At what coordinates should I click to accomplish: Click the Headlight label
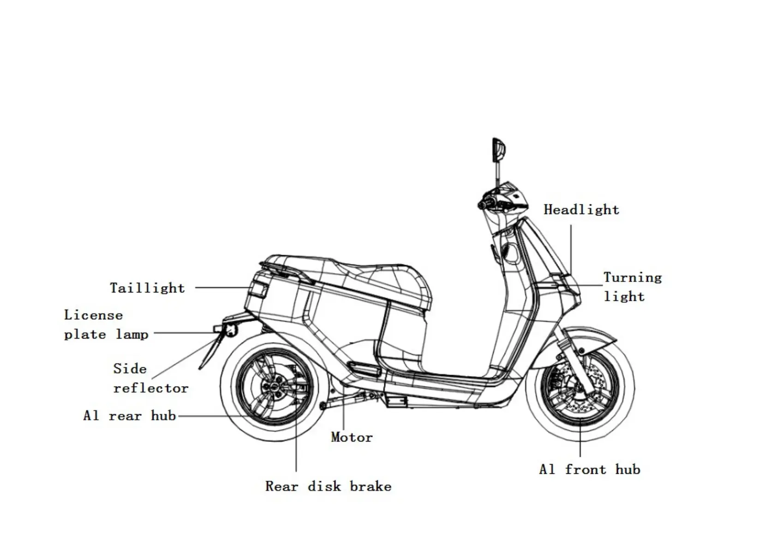coord(581,210)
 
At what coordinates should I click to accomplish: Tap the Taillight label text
coord(147,288)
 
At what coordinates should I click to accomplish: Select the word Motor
coord(352,437)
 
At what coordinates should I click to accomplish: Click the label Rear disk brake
coord(328,486)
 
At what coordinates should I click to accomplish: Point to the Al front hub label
coord(589,470)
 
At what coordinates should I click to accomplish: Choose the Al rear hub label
coord(130,416)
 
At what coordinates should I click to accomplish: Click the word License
coord(94,315)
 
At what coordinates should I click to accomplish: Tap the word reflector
coord(151,388)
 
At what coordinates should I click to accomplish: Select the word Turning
coord(633,277)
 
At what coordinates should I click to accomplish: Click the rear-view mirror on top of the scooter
coord(499,150)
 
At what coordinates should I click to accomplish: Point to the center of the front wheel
coord(580,387)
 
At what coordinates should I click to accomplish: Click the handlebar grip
coord(487,203)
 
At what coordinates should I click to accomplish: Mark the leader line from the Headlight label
coord(571,249)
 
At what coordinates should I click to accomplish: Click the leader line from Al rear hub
coord(208,416)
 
